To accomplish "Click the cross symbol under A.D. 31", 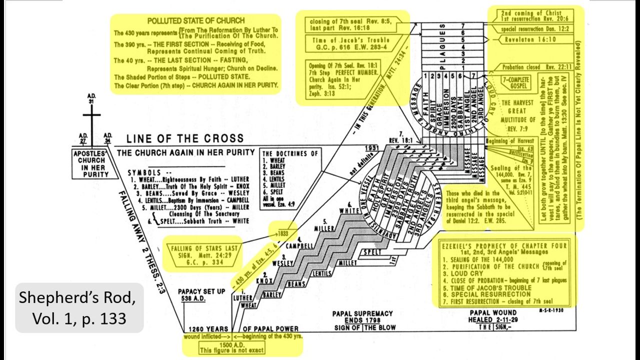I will (91, 119).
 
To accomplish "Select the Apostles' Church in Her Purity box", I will (91, 164).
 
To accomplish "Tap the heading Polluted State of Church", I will (195, 21).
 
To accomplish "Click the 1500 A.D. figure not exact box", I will (232, 347).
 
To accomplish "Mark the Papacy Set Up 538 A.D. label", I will (201, 294).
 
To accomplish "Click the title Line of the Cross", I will (185, 138).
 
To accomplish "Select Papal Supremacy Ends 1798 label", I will (362, 317).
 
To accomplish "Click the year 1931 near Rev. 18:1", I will (384, 148).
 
